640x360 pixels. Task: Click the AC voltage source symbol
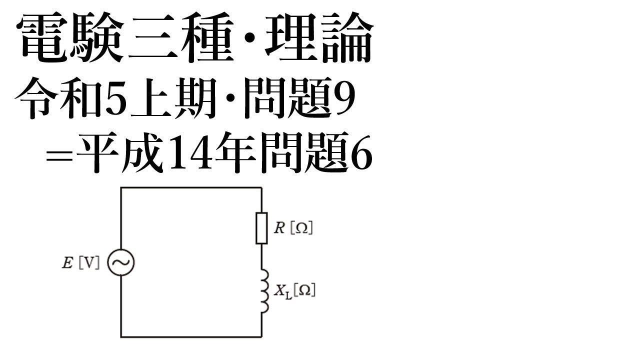[121, 263]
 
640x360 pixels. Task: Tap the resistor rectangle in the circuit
[261, 228]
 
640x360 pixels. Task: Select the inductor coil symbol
[263, 291]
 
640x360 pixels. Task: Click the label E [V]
[80, 263]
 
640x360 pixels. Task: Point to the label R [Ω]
[293, 228]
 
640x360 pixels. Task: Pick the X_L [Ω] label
[294, 291]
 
